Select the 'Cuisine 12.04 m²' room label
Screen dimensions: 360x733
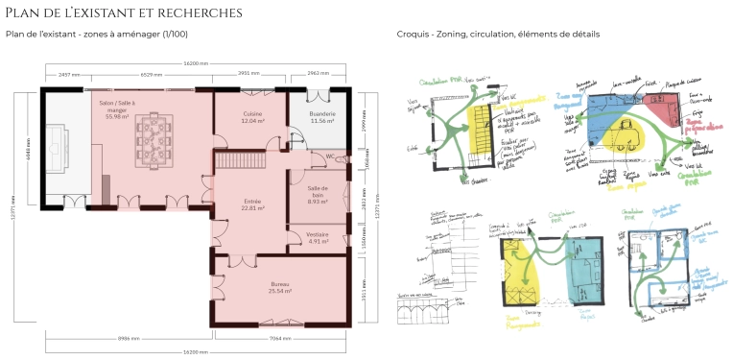pyautogui.click(x=251, y=118)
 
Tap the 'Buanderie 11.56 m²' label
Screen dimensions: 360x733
pyautogui.click(x=321, y=118)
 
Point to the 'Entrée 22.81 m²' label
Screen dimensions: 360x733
pyautogui.click(x=252, y=204)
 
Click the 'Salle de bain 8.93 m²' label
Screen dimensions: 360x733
pyautogui.click(x=319, y=195)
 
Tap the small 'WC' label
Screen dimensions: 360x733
pyautogui.click(x=329, y=156)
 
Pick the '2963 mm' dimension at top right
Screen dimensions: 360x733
pyautogui.click(x=319, y=74)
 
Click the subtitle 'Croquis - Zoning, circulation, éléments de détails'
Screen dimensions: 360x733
pyautogui.click(x=498, y=35)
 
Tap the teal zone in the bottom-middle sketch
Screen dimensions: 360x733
pyautogui.click(x=581, y=269)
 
